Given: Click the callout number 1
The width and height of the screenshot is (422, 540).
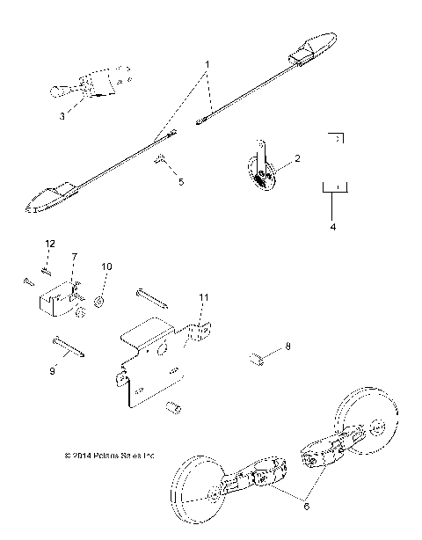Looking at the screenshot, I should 207,65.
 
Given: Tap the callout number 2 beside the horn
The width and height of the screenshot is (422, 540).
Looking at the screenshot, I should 297,159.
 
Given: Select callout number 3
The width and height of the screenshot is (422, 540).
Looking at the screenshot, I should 62,115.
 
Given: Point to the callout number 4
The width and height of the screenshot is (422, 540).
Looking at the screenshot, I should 333,226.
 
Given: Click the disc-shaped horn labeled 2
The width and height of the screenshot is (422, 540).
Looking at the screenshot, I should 261,168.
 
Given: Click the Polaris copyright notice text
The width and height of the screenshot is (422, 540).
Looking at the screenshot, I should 109,456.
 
